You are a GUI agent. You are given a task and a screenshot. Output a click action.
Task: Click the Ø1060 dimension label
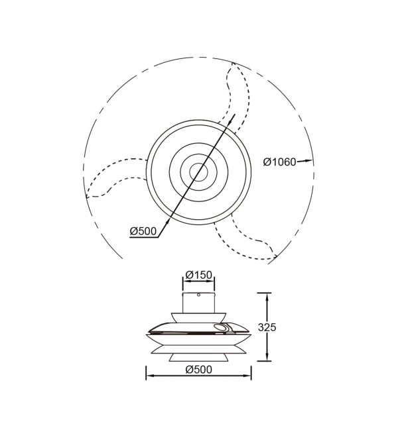[x=279, y=162]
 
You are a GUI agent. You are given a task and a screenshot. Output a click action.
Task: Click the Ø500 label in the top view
[x=143, y=231]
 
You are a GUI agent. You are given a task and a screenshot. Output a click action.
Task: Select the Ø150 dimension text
[x=198, y=275]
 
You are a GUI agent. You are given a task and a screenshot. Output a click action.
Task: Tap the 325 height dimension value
[x=267, y=327]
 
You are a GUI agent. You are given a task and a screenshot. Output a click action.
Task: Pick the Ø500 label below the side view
[x=198, y=369]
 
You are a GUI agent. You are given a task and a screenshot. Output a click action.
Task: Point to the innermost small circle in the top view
[x=198, y=172]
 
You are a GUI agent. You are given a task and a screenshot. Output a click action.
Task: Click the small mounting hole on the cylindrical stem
[x=198, y=295]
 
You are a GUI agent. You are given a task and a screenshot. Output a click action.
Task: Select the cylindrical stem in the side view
[x=198, y=303]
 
